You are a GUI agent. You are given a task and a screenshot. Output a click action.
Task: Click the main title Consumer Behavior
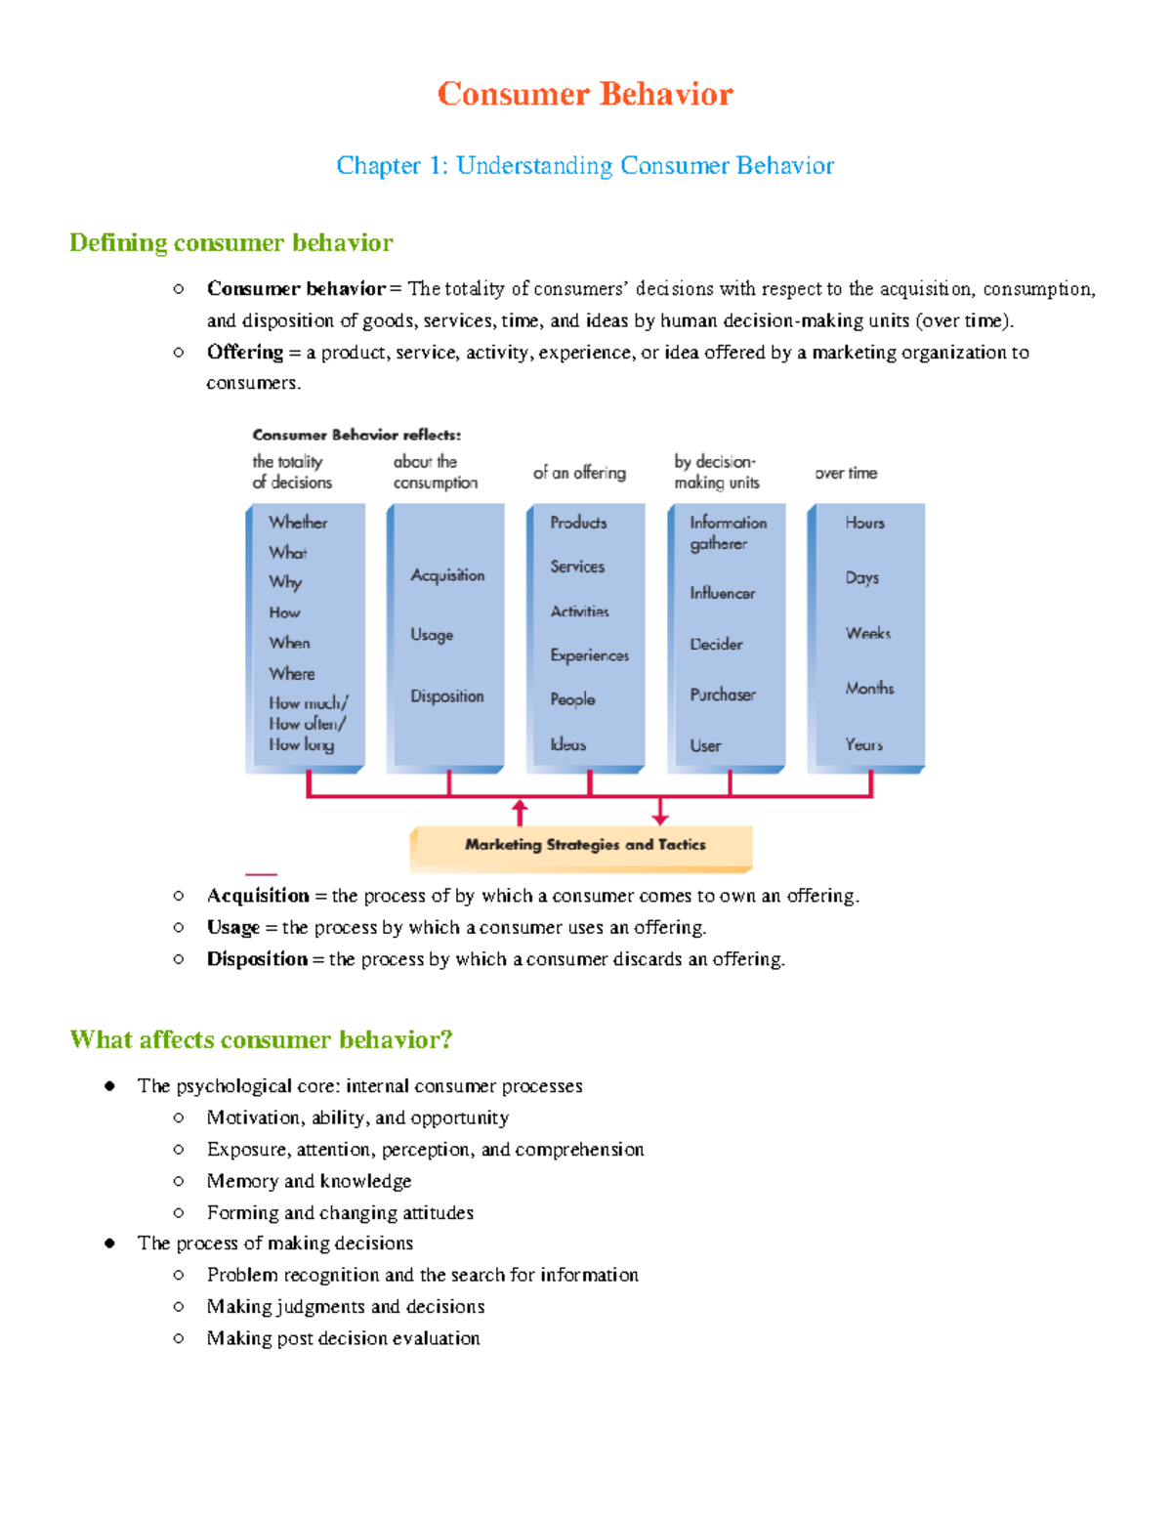coord(585,94)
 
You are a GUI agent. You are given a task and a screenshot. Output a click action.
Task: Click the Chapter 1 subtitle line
coord(585,165)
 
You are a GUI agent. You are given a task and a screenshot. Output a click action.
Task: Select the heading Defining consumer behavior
coord(230,242)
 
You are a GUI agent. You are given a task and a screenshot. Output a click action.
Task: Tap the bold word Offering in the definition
coord(244,352)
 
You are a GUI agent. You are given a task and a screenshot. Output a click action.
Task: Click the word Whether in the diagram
coord(298,523)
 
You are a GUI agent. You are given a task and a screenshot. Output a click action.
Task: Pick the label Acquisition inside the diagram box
coord(447,575)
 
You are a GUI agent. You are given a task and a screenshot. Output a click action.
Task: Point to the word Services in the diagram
coord(577,567)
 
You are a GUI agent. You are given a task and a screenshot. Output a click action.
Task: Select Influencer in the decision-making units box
coord(722,593)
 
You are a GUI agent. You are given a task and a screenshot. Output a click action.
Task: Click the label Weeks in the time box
coord(868,633)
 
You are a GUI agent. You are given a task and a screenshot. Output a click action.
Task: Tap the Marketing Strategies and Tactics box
coord(584,845)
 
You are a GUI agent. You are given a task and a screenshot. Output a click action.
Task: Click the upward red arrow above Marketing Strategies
coord(520,812)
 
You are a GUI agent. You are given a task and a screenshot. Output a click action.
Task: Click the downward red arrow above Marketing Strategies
coord(660,812)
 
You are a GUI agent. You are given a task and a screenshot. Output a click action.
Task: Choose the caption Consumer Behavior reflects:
coord(356,435)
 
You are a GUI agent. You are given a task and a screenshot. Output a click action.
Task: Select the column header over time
coord(846,473)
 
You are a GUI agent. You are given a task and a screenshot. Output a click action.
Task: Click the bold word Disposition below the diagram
coord(257,959)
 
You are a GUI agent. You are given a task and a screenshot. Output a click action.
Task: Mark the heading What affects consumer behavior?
coord(261,1039)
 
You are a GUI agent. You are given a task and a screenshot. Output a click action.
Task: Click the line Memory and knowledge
coord(309,1181)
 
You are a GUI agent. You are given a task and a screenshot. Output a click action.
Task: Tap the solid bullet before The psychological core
coord(109,1086)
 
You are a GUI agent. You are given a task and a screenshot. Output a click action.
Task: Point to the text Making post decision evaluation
coord(343,1338)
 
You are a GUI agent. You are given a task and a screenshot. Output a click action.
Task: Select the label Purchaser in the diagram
coord(723,695)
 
